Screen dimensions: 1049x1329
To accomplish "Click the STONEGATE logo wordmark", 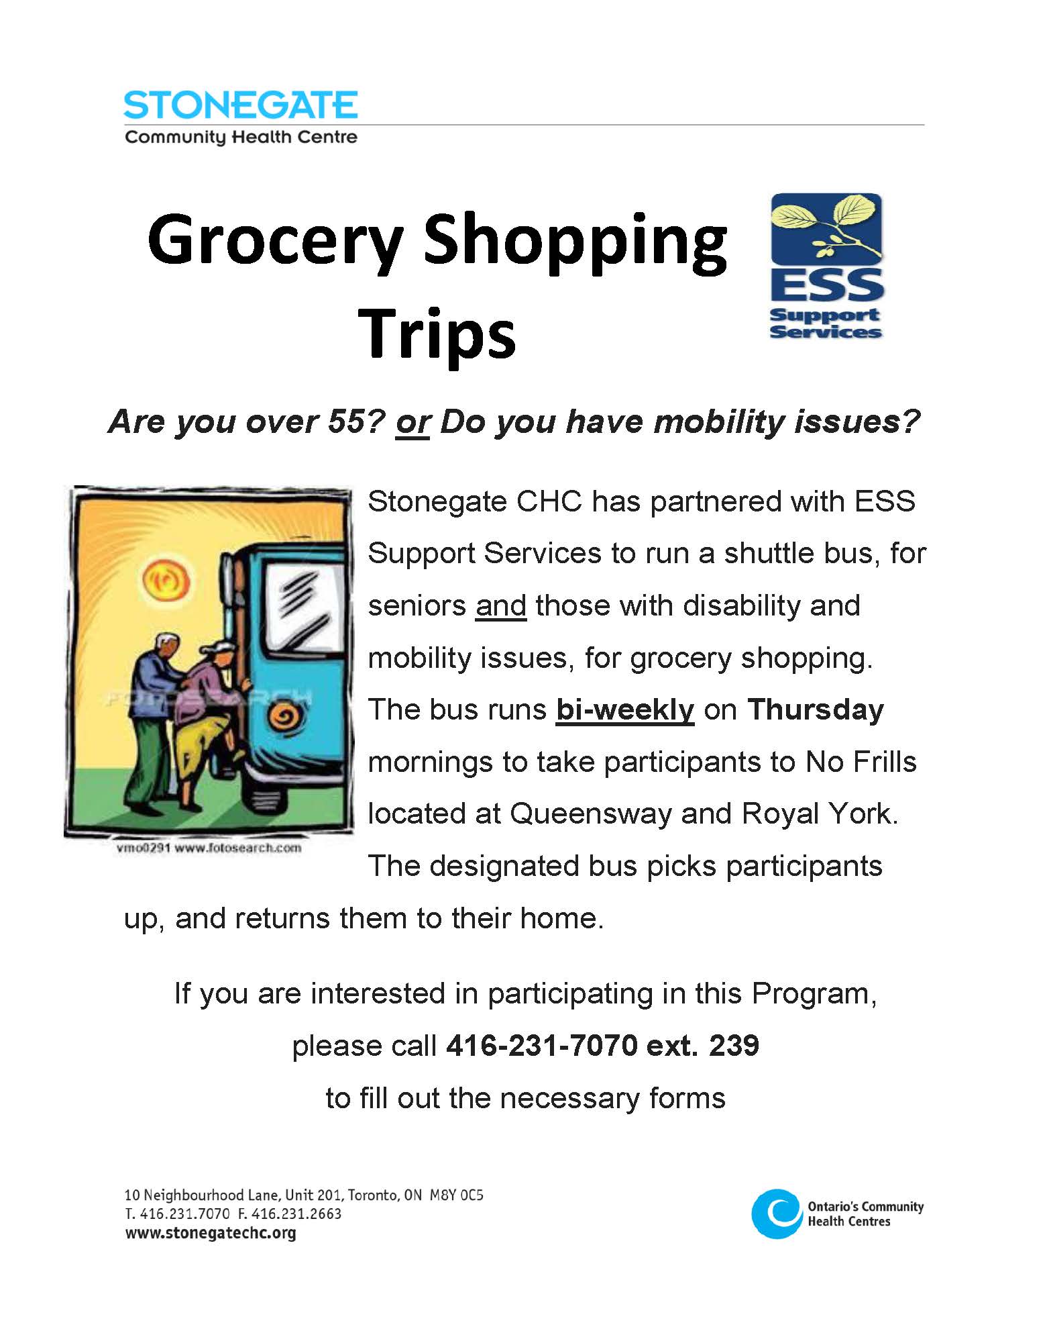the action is [240, 105].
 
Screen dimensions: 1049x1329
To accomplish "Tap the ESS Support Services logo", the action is [826, 266].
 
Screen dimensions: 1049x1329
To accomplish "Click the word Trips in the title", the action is [437, 334].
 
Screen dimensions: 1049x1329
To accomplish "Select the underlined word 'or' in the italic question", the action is [412, 422].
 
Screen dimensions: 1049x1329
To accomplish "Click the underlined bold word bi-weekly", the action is [625, 709].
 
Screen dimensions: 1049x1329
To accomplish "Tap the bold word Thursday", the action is [816, 710].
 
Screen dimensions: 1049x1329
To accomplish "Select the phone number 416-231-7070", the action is [542, 1045].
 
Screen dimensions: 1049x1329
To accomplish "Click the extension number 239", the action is [734, 1045].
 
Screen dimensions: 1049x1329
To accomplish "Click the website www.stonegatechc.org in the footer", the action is [211, 1232].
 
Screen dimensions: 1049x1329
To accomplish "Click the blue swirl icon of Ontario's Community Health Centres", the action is [777, 1214].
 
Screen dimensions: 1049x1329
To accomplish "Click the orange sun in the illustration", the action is [164, 580].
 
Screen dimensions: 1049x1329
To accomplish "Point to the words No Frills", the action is [861, 762].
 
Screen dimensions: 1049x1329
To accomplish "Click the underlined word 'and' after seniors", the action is [501, 605].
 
